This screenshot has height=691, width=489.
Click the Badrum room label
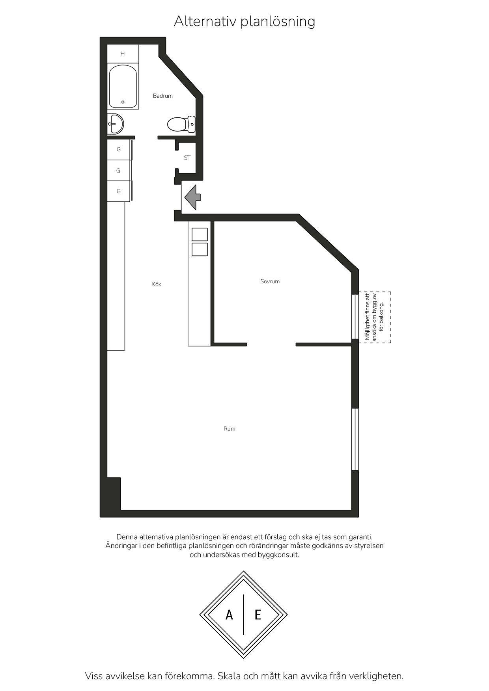click(162, 96)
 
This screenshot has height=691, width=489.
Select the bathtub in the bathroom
click(123, 87)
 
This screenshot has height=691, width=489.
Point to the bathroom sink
click(115, 124)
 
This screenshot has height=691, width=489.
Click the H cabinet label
click(123, 54)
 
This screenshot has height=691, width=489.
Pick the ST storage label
click(187, 158)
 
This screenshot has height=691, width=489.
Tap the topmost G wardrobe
click(119, 150)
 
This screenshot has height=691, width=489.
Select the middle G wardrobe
click(119, 171)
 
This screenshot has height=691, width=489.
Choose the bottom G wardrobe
click(119, 191)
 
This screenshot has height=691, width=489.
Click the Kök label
click(157, 284)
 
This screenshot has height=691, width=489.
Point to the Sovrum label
click(270, 281)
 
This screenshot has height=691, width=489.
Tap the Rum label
click(230, 429)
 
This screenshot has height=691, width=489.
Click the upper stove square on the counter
click(200, 234)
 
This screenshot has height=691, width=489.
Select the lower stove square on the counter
click(200, 249)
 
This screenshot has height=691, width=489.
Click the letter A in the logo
click(229, 615)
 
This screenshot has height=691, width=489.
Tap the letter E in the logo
click(258, 615)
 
